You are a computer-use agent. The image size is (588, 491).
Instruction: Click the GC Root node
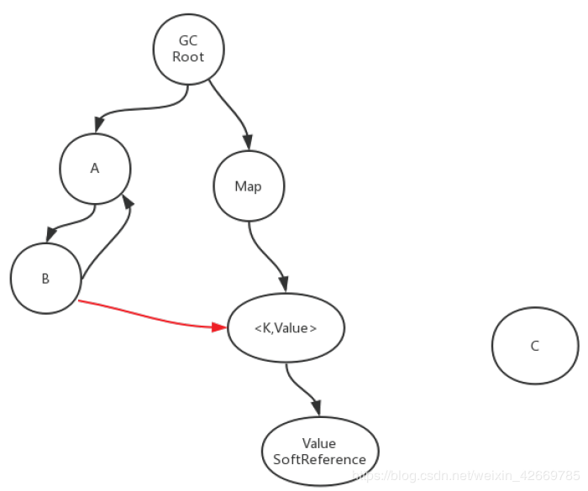coord(189,49)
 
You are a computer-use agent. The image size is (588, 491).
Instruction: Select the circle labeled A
coord(95,169)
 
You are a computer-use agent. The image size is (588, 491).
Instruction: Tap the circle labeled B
coord(45,279)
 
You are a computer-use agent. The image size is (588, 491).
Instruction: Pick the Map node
coord(249,185)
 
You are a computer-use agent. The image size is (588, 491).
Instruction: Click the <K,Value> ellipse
coord(286,328)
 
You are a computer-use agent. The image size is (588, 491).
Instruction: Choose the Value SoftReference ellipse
coord(320,452)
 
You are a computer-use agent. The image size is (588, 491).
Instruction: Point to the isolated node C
coord(535,346)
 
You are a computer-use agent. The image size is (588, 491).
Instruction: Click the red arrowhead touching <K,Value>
coord(219,327)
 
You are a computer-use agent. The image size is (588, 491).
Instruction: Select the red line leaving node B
coord(150,317)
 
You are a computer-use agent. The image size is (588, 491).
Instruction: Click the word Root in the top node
coord(188,57)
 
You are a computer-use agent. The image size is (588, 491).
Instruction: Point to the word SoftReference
coord(319,459)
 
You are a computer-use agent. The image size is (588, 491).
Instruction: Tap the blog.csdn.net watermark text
coord(466,475)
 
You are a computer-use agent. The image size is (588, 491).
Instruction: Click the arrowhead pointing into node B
coord(50,235)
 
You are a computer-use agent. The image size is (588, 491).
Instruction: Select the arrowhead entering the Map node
coord(248,143)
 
